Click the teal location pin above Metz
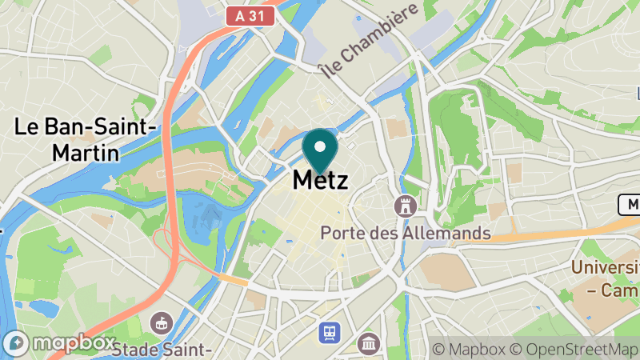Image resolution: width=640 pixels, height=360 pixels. [321, 150]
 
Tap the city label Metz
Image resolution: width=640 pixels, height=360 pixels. [321, 180]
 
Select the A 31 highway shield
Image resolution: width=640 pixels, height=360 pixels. [250, 15]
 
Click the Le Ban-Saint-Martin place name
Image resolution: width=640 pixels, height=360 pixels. [86, 139]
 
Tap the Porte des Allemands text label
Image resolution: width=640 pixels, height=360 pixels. [405, 234]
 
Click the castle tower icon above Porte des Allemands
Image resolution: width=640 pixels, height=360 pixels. [406, 206]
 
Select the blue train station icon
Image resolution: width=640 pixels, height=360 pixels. [328, 330]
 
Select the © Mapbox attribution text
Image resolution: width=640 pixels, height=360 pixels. [468, 350]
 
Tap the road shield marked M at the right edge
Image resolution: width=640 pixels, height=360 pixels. [630, 205]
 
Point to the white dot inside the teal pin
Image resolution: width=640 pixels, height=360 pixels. [321, 146]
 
